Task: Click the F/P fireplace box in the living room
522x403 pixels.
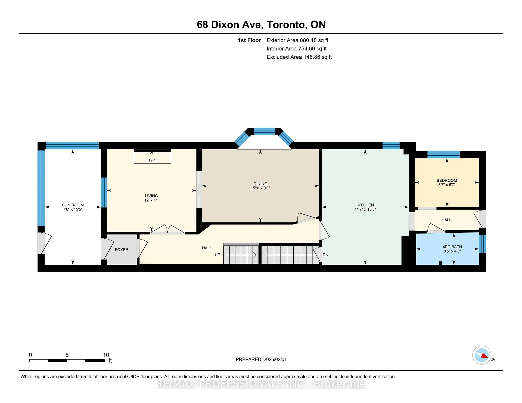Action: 152,157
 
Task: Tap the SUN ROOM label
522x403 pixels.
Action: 73,205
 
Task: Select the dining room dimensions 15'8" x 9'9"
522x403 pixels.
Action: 260,188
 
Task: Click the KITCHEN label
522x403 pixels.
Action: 365,205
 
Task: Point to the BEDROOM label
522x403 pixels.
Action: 446,180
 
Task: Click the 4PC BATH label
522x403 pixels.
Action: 452,247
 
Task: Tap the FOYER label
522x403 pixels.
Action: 122,250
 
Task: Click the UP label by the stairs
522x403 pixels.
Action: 217,255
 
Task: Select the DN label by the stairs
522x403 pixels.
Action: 325,255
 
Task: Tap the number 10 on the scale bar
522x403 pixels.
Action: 106,355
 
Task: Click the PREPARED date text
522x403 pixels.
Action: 261,359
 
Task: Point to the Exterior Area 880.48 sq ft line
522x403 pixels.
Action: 297,40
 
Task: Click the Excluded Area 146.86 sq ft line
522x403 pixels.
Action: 299,57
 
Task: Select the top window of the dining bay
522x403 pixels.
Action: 264,132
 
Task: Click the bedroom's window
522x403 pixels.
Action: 443,154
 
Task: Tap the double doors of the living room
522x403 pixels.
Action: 167,229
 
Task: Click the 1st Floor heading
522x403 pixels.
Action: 249,40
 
